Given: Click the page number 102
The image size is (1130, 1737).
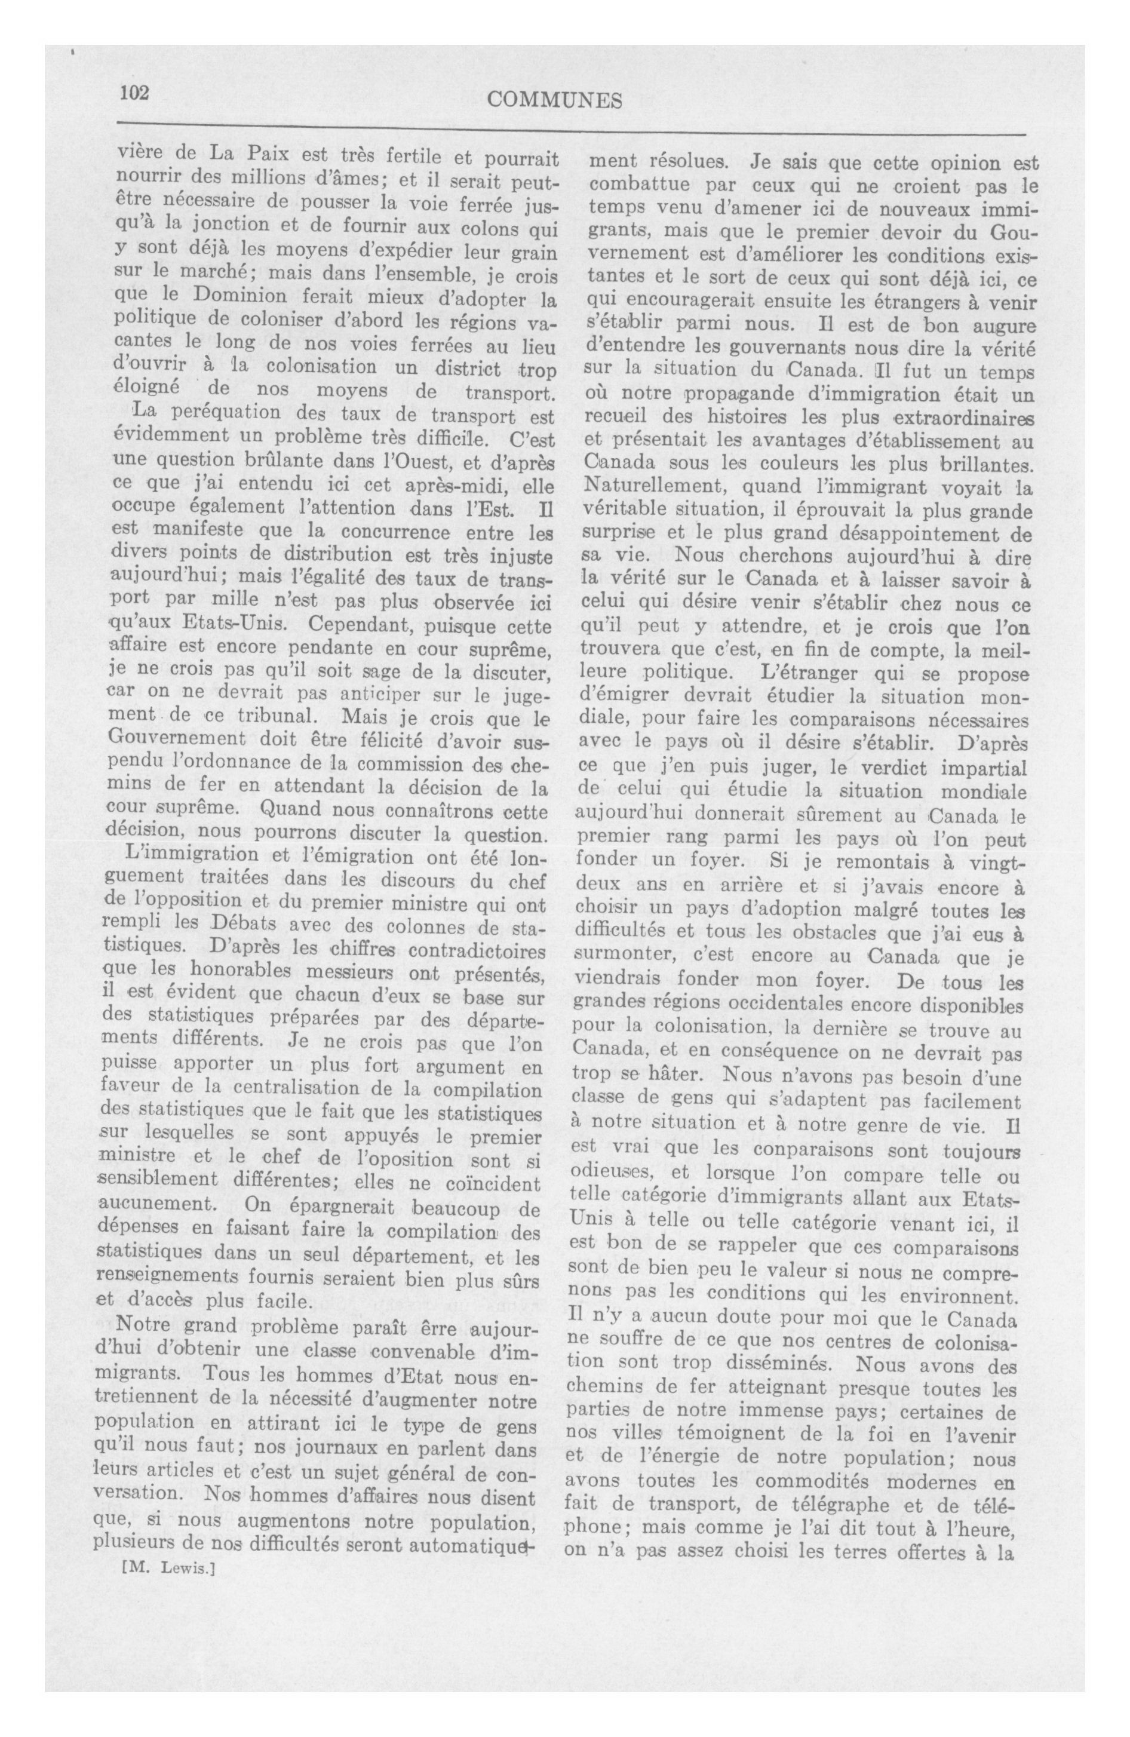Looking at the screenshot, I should point(134,93).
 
